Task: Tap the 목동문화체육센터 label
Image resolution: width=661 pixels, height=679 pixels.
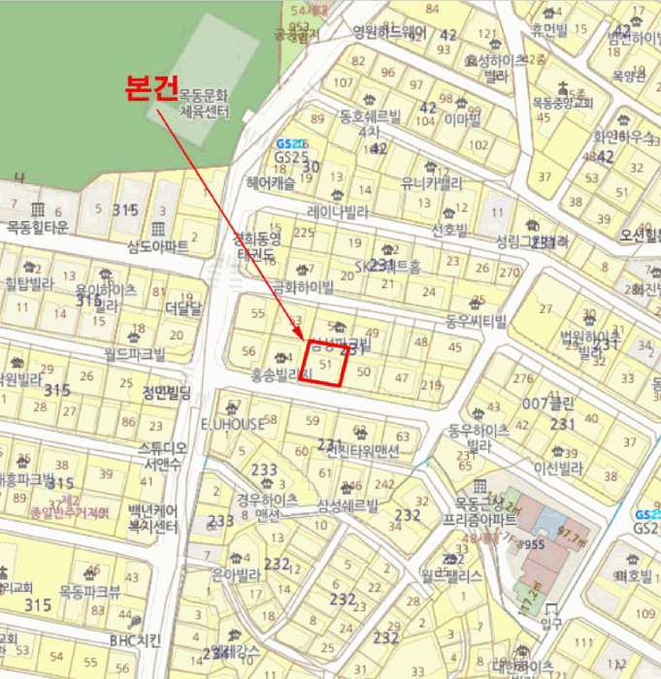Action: tap(205, 104)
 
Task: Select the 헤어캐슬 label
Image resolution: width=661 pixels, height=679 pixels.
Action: tap(271, 181)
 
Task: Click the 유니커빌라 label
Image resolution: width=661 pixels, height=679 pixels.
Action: tap(432, 182)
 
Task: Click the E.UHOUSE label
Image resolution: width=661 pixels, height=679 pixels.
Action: tap(232, 424)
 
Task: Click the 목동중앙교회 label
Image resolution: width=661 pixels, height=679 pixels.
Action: tap(563, 101)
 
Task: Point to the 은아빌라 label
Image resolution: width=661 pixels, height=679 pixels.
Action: tap(239, 574)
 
